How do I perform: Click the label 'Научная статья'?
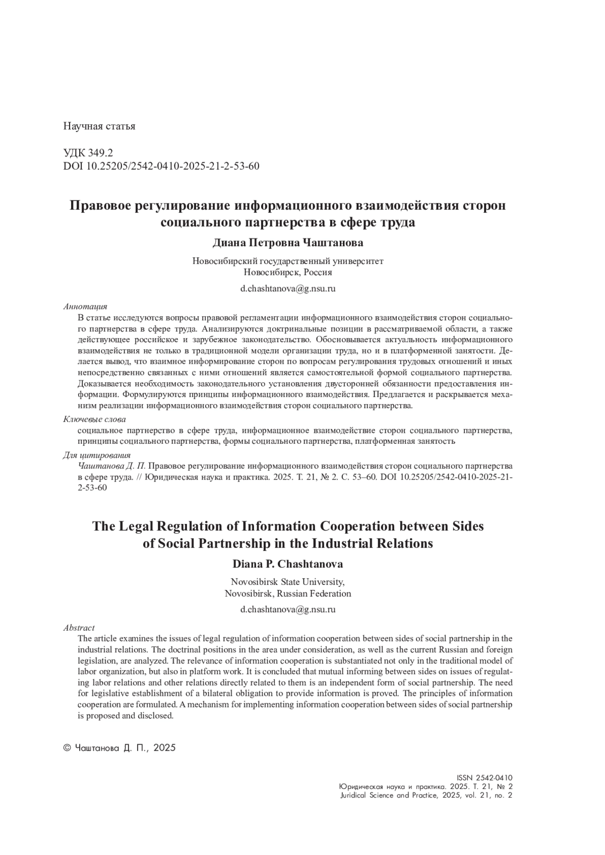[99, 126]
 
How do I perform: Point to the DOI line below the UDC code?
[161, 166]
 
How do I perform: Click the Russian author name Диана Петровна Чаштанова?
[287, 243]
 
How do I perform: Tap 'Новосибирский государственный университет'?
[287, 261]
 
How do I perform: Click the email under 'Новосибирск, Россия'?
[287, 289]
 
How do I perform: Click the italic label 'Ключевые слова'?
[94, 419]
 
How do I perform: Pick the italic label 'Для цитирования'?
[96, 455]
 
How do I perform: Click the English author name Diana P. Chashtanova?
[287, 564]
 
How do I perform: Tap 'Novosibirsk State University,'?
[287, 581]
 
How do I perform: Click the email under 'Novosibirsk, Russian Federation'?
[287, 609]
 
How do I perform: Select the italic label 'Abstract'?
[79, 628]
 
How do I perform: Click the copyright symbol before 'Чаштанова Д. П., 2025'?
[67, 748]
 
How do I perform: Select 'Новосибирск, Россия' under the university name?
[287, 273]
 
